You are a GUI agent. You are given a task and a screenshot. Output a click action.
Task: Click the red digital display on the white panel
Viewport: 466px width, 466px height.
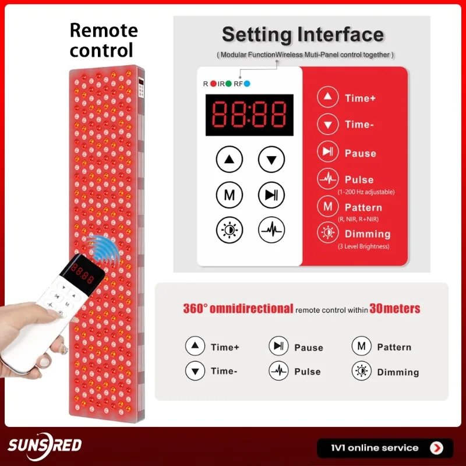coord(249,115)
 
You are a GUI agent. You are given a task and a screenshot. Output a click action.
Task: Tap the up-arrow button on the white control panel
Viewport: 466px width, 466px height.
coord(229,159)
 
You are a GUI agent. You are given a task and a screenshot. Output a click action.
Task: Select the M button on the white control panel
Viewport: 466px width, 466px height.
coord(229,195)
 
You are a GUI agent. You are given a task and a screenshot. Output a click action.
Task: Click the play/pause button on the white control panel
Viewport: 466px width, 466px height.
coord(271,195)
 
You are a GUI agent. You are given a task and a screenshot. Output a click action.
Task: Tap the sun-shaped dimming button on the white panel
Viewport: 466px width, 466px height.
coord(229,230)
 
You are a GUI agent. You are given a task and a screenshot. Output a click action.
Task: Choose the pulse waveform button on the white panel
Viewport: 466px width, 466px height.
coord(271,230)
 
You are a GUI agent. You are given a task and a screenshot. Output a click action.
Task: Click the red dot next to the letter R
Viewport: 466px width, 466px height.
coord(213,84)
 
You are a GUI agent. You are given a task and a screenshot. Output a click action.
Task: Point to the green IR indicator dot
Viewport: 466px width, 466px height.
coord(228,84)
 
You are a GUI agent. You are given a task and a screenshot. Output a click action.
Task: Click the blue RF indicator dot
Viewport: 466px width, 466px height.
coord(246,84)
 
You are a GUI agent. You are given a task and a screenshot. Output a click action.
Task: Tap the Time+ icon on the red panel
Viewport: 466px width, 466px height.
coord(327,97)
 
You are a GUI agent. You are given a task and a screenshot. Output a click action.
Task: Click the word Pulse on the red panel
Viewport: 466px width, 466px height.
coord(359,179)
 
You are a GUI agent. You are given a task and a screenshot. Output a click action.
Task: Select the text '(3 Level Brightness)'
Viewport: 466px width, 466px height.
coord(363,246)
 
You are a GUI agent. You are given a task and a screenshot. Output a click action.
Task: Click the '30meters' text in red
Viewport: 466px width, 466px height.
coord(395,309)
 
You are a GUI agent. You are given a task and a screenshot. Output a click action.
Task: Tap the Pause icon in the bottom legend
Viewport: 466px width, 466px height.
coord(278,346)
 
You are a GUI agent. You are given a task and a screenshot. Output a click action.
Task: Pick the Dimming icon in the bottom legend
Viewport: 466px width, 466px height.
coord(361,371)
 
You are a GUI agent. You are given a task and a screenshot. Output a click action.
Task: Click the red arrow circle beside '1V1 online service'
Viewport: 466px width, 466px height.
coord(436,448)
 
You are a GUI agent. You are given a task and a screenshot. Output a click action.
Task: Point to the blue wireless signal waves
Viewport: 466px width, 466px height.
coord(100,247)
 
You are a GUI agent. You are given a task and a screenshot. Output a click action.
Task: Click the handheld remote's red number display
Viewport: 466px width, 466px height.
coord(82,273)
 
